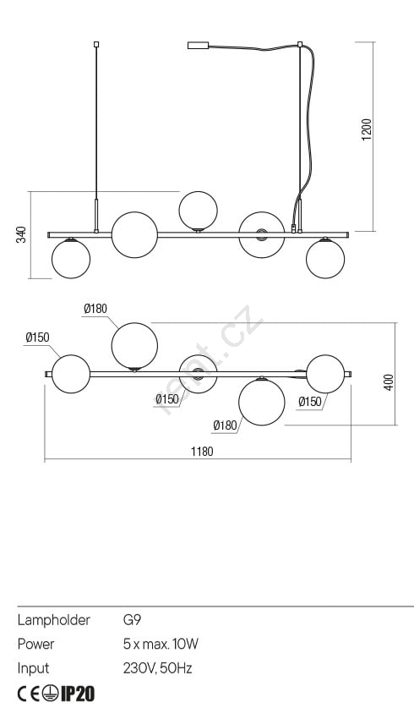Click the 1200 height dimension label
pos(367,129)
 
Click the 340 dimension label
pos(21,234)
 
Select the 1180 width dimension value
pos(202,452)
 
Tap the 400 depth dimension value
pos(389,382)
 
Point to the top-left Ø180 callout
pos(95,309)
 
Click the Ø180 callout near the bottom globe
pos(225,425)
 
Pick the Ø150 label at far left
pos(37,338)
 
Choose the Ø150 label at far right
pos(310,402)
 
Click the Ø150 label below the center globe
pos(166,399)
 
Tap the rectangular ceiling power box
pos(198,46)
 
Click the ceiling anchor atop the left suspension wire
pos(96,45)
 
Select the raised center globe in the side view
pos(198,211)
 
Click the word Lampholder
pos(54,620)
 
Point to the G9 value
pos(132,620)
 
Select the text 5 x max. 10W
pos(161,644)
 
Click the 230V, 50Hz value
pos(157,668)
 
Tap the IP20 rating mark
pos(78,694)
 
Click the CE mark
pos(29,694)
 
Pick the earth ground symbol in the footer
pos(51,694)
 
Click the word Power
pos(35,644)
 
